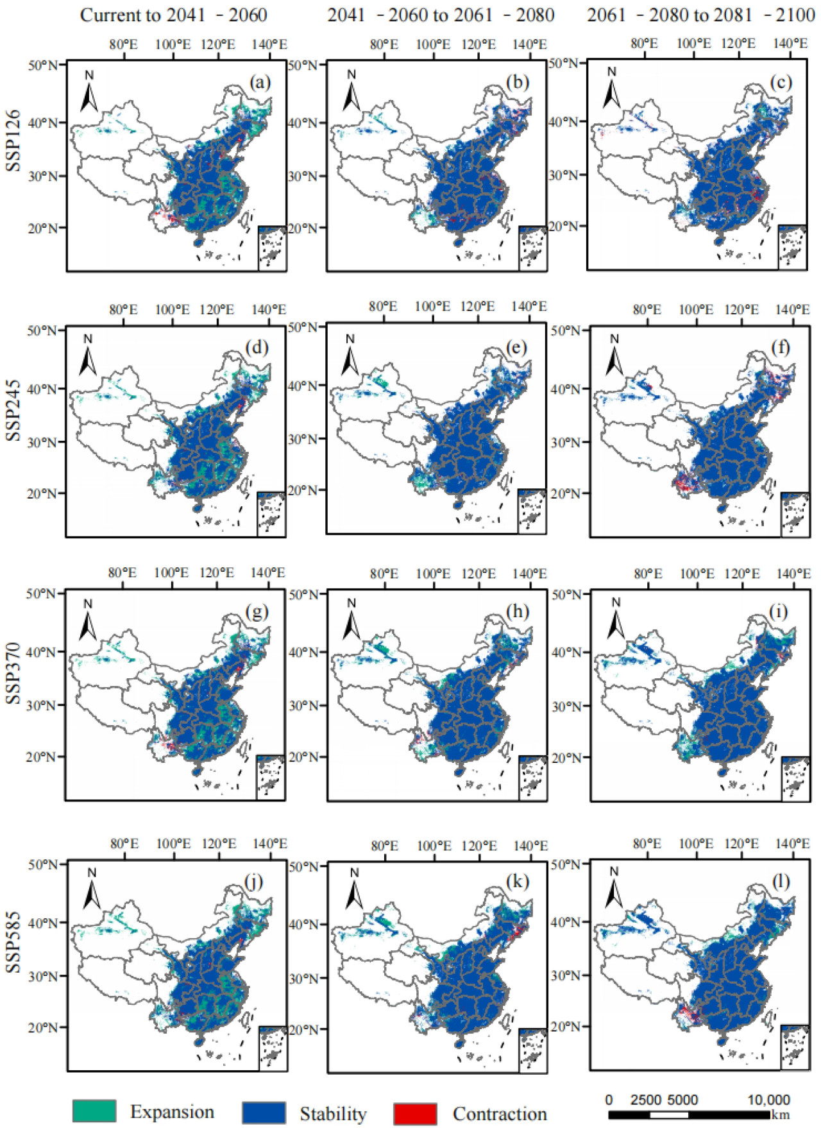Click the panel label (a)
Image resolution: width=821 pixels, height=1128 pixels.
point(260,82)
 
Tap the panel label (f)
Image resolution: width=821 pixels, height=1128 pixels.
point(781,348)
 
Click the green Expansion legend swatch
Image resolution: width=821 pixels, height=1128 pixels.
point(94,1112)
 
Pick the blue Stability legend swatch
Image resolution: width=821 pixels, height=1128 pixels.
point(264,1113)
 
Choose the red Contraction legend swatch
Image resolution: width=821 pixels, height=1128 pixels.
point(415,1114)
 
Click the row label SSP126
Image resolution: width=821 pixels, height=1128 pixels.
point(13,141)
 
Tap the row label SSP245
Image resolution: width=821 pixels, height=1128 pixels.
point(13,411)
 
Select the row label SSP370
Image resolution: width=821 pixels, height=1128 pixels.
point(13,674)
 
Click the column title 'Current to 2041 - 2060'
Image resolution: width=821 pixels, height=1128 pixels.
point(173,15)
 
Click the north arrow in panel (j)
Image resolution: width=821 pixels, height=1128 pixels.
point(92,889)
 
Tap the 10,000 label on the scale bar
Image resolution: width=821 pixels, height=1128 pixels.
point(768,1100)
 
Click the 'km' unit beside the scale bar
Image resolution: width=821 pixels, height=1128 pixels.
point(781,1115)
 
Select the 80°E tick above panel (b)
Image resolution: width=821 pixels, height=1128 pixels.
point(384,44)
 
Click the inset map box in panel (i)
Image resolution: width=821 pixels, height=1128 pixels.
point(795,778)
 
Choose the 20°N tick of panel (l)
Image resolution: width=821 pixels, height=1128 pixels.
point(564,1027)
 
